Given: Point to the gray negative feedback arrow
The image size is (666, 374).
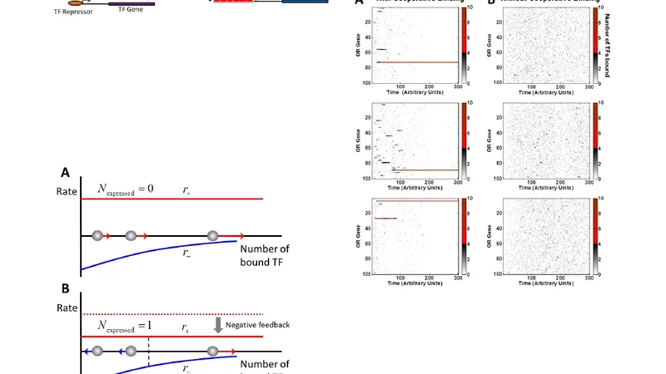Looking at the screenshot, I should tap(217, 325).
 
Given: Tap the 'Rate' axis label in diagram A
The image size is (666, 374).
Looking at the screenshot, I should tap(64, 199).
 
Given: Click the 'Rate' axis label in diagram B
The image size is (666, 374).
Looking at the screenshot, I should tap(64, 312).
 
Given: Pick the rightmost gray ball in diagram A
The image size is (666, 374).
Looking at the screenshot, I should tap(212, 236).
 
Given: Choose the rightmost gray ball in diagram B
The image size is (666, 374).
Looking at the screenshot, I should tap(214, 352).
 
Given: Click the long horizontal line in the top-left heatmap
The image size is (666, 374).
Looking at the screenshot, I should tap(416, 62).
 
